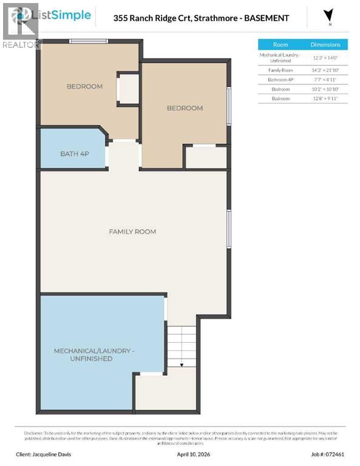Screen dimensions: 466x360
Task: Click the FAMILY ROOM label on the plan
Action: click(x=132, y=231)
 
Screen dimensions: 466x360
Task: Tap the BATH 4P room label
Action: click(x=74, y=154)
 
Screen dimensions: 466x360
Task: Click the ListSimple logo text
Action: click(x=67, y=15)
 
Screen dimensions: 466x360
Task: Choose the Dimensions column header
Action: click(x=325, y=45)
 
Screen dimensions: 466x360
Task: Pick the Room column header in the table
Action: click(x=280, y=45)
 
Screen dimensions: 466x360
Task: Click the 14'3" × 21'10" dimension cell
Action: click(x=325, y=70)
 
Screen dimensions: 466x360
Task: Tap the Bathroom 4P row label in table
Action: click(x=280, y=79)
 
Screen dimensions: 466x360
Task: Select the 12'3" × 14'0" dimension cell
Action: click(x=325, y=58)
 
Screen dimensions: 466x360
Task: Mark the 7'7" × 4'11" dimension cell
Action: click(x=325, y=79)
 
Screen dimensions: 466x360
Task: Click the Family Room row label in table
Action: click(x=280, y=70)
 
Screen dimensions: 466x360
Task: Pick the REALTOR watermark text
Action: click(x=21, y=44)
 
